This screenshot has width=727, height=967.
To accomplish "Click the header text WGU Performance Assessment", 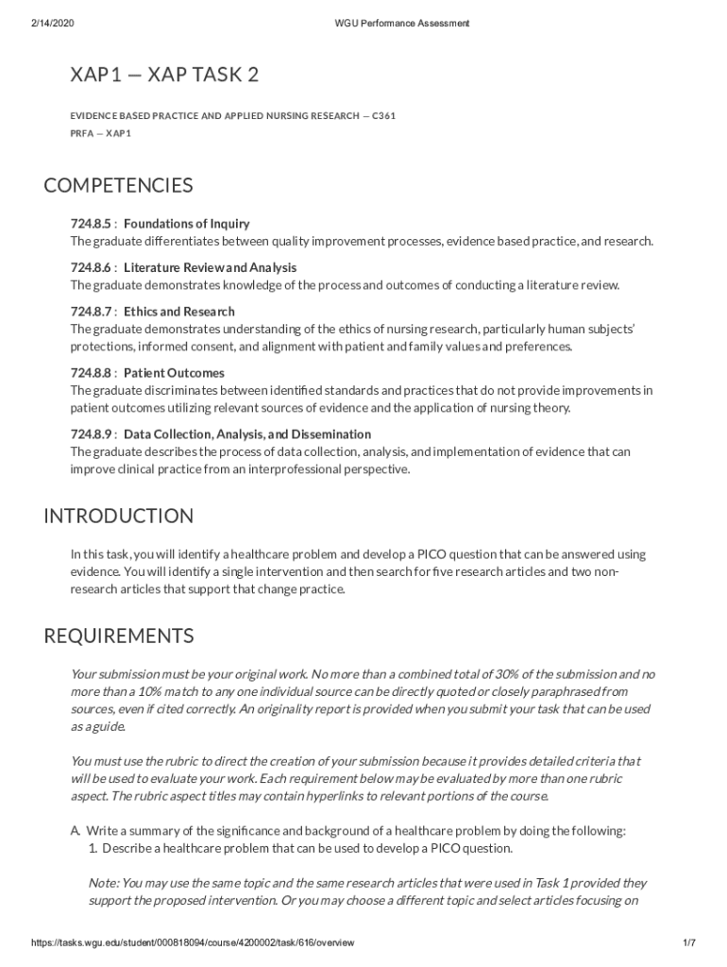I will coord(402,23).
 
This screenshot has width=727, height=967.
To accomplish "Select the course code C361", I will coord(383,116).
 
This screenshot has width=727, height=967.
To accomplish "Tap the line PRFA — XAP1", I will coord(100,133).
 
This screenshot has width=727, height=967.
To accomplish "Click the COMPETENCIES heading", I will coord(118,185).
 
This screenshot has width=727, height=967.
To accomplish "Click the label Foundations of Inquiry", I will coord(186,224).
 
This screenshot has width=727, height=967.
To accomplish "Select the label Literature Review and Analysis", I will coord(210,267).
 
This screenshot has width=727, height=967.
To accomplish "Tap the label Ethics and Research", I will coord(178,312).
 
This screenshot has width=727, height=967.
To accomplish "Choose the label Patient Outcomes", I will coord(174,373).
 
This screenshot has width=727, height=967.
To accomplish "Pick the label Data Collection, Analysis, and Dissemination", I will coord(246,434).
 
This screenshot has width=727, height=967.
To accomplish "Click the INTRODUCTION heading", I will coord(118,517).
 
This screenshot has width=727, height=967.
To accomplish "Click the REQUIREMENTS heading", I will coord(118,636).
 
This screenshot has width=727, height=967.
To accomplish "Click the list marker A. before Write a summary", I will coord(76,831).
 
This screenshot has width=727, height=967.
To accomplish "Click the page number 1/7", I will coord(688,943).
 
